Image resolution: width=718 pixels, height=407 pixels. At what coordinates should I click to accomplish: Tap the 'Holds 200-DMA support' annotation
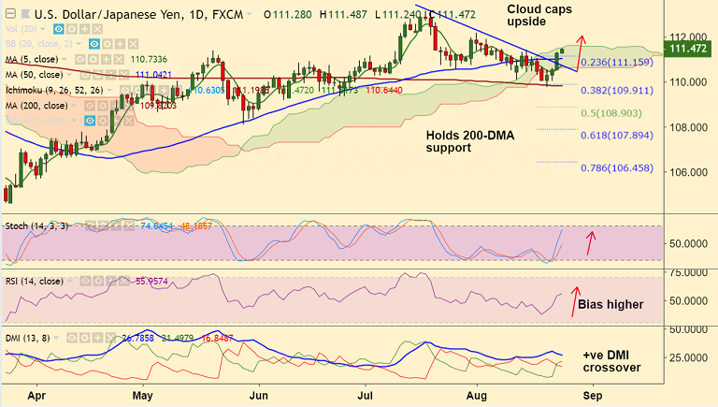tap(469, 141)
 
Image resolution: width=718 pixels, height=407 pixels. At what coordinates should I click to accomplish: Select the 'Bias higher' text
tap(610, 304)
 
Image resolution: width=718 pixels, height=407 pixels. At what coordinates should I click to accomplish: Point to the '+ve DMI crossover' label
tap(612, 361)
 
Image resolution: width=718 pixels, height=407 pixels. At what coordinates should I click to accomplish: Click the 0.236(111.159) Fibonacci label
tap(617, 62)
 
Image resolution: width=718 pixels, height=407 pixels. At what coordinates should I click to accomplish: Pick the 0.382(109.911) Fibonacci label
tap(616, 92)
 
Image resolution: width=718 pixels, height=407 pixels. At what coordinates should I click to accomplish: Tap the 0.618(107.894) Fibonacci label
tap(616, 135)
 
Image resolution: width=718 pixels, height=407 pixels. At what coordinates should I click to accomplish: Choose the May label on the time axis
tap(143, 397)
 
